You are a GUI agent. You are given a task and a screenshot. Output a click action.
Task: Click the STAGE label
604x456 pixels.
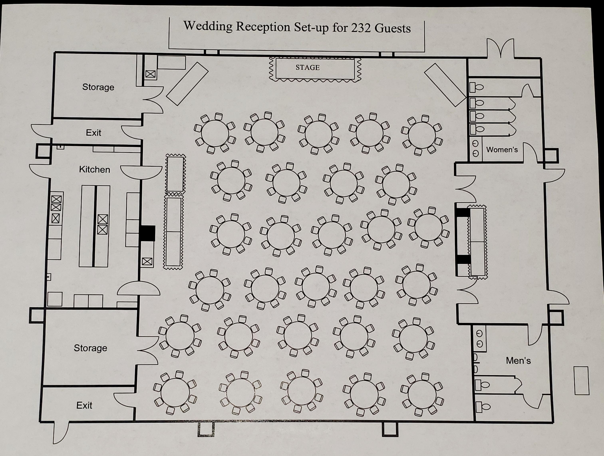pyautogui.click(x=307, y=68)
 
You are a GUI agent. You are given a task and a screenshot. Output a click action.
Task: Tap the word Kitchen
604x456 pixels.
pyautogui.click(x=94, y=169)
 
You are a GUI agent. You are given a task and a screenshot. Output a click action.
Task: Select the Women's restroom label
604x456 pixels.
pyautogui.click(x=502, y=150)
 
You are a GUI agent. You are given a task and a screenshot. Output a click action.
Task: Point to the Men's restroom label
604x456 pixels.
pyautogui.click(x=518, y=361)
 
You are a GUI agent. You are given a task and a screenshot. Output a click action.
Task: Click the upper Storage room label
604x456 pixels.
pyautogui.click(x=98, y=87)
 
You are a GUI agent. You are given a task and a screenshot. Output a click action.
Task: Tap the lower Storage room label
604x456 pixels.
pyautogui.click(x=90, y=348)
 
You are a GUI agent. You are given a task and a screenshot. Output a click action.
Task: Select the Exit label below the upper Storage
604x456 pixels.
pyautogui.click(x=93, y=133)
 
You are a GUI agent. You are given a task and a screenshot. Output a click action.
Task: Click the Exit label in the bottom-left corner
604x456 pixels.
pyautogui.click(x=84, y=405)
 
